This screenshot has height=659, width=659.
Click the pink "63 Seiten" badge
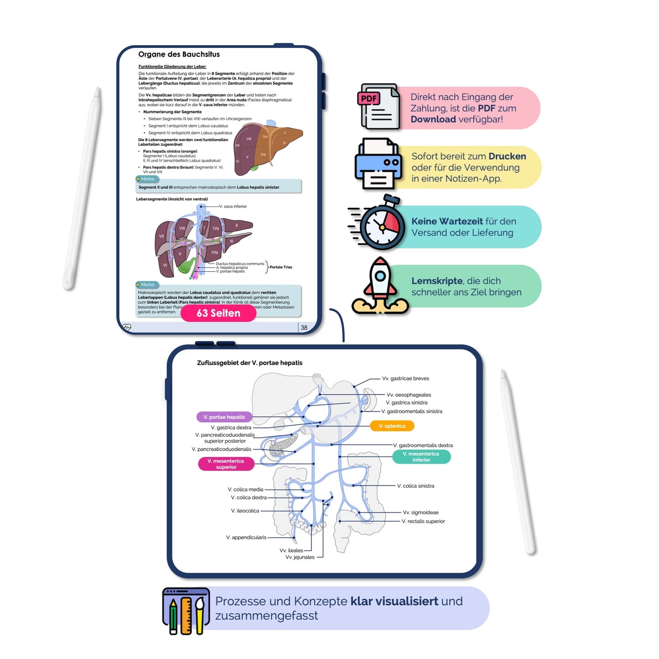218,313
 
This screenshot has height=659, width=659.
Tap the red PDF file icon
378,107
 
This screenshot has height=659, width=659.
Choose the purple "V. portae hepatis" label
224,417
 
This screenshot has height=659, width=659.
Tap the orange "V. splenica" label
392,426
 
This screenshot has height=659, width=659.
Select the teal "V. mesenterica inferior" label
421,457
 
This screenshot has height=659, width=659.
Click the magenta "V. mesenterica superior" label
226,464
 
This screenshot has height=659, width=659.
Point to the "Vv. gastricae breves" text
405,379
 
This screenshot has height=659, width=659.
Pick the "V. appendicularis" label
246,537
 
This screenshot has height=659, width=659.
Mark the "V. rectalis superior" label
423,521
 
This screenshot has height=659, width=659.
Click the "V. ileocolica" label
245,511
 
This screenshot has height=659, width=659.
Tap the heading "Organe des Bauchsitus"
179,54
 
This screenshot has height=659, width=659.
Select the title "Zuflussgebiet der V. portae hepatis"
249,363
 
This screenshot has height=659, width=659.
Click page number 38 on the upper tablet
304,327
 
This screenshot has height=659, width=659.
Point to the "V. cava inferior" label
233,207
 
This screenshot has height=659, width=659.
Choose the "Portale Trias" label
281,267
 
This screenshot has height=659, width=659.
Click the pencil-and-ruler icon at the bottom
186,611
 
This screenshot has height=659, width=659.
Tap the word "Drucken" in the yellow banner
507,156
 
